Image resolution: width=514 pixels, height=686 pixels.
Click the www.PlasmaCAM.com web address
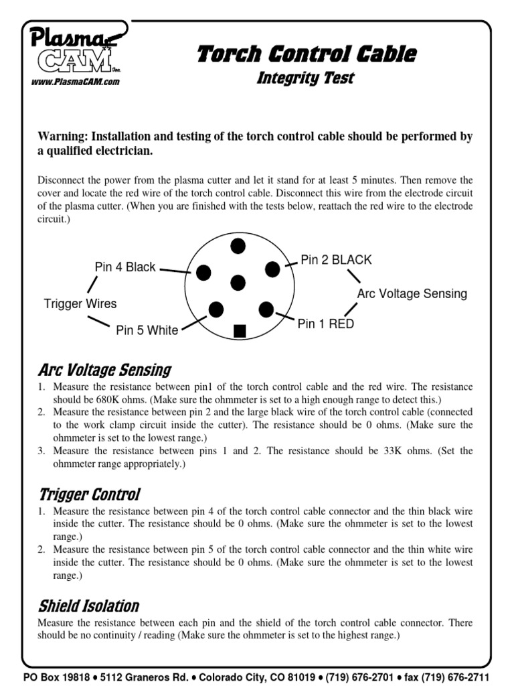click(75, 82)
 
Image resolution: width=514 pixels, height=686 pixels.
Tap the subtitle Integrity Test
click(306, 78)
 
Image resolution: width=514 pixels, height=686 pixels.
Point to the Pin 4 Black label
click(125, 267)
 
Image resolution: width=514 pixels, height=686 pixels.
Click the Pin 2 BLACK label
click(336, 260)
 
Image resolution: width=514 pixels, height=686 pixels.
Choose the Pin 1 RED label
click(325, 324)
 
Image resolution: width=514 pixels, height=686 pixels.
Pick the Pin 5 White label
click(147, 330)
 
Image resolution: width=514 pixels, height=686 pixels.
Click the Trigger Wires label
click(80, 303)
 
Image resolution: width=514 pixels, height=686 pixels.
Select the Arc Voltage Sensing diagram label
click(412, 294)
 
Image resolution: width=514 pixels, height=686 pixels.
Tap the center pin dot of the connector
click(238, 283)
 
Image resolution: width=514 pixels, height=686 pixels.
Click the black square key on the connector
click(240, 331)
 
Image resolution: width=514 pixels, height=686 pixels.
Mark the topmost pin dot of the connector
click(238, 246)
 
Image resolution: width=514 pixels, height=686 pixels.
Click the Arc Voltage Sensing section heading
click(104, 370)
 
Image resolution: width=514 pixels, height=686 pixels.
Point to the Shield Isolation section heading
click(88, 606)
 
